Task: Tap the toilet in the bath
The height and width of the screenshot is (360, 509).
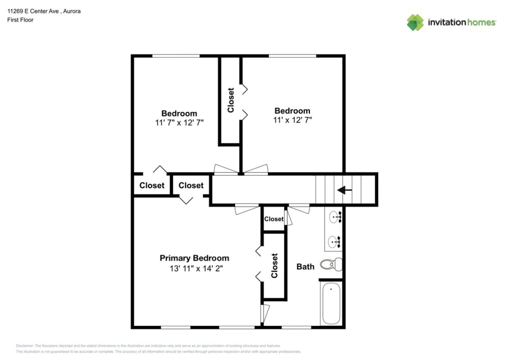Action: click(x=331, y=265)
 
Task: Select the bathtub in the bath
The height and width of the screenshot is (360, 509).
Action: click(x=330, y=303)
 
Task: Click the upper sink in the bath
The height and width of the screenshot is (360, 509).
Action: click(x=334, y=217)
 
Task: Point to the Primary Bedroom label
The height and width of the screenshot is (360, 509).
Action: click(x=194, y=258)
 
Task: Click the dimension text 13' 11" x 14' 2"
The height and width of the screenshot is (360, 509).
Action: click(x=194, y=267)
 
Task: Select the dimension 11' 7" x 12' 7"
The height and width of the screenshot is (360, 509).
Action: click(x=179, y=123)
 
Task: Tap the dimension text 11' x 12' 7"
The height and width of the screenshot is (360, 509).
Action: click(x=292, y=120)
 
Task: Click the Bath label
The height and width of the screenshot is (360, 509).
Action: click(x=305, y=266)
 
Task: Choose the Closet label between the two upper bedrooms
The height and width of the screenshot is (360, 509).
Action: click(x=231, y=100)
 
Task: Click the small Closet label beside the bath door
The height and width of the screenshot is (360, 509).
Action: click(x=274, y=219)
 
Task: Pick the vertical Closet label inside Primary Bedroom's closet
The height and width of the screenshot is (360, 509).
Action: click(x=274, y=265)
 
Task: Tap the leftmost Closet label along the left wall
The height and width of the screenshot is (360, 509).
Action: click(x=152, y=185)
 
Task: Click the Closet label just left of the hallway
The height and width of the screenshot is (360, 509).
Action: click(x=191, y=185)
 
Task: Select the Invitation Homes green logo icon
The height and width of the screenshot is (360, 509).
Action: click(x=415, y=22)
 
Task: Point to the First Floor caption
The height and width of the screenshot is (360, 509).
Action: click(x=20, y=20)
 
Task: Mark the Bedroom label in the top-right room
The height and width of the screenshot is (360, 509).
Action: click(x=292, y=111)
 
